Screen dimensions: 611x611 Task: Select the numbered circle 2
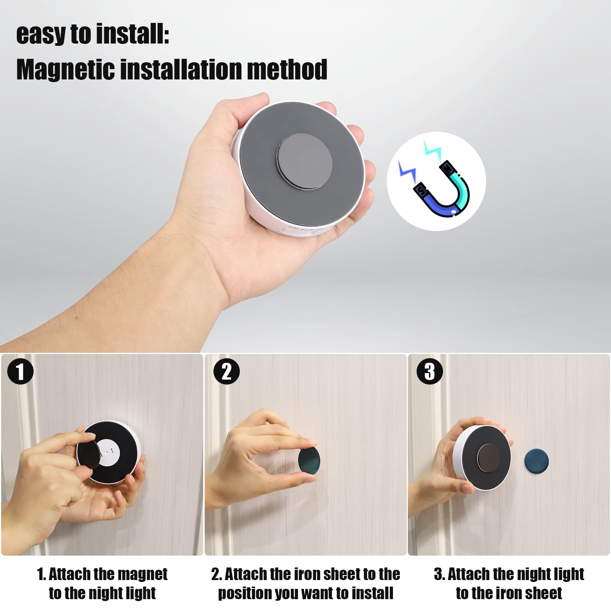tap(226, 372)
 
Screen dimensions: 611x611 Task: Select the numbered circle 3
tap(430, 372)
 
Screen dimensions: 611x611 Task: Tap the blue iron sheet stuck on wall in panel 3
tap(536, 461)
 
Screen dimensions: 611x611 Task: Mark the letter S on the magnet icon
tap(421, 189)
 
